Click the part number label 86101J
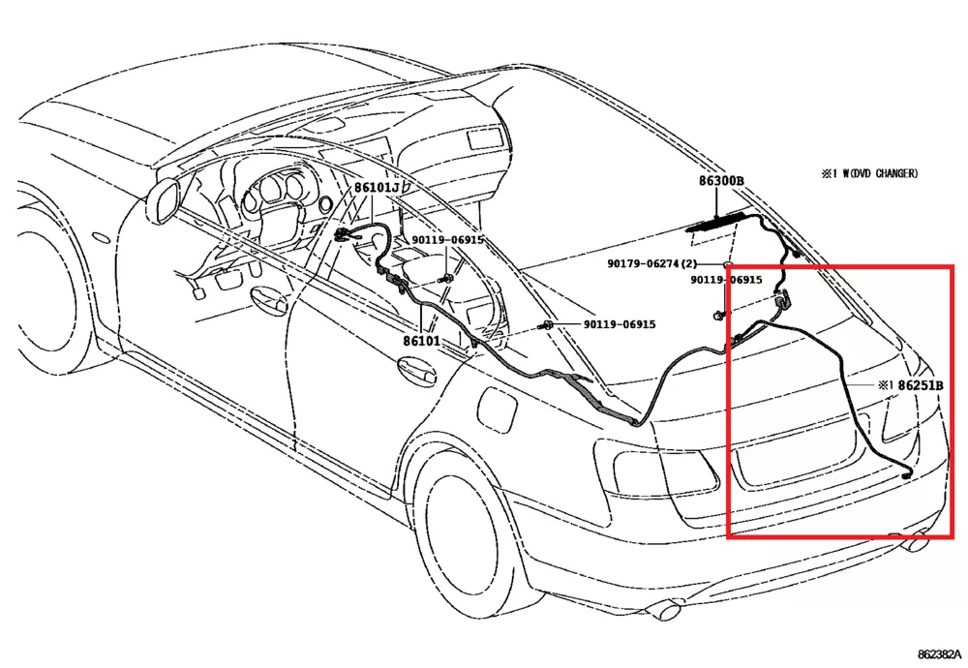pos(376,187)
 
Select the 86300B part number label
pos(721,181)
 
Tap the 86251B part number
pos(921,385)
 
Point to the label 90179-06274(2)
pos(652,263)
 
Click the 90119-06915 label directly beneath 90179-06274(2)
pos(726,280)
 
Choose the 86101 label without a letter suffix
pos(421,341)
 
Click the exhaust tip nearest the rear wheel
pos(667,610)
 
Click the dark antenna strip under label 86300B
pos(717,226)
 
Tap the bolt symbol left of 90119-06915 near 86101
pos(547,324)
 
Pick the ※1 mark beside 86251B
pos(886,385)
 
